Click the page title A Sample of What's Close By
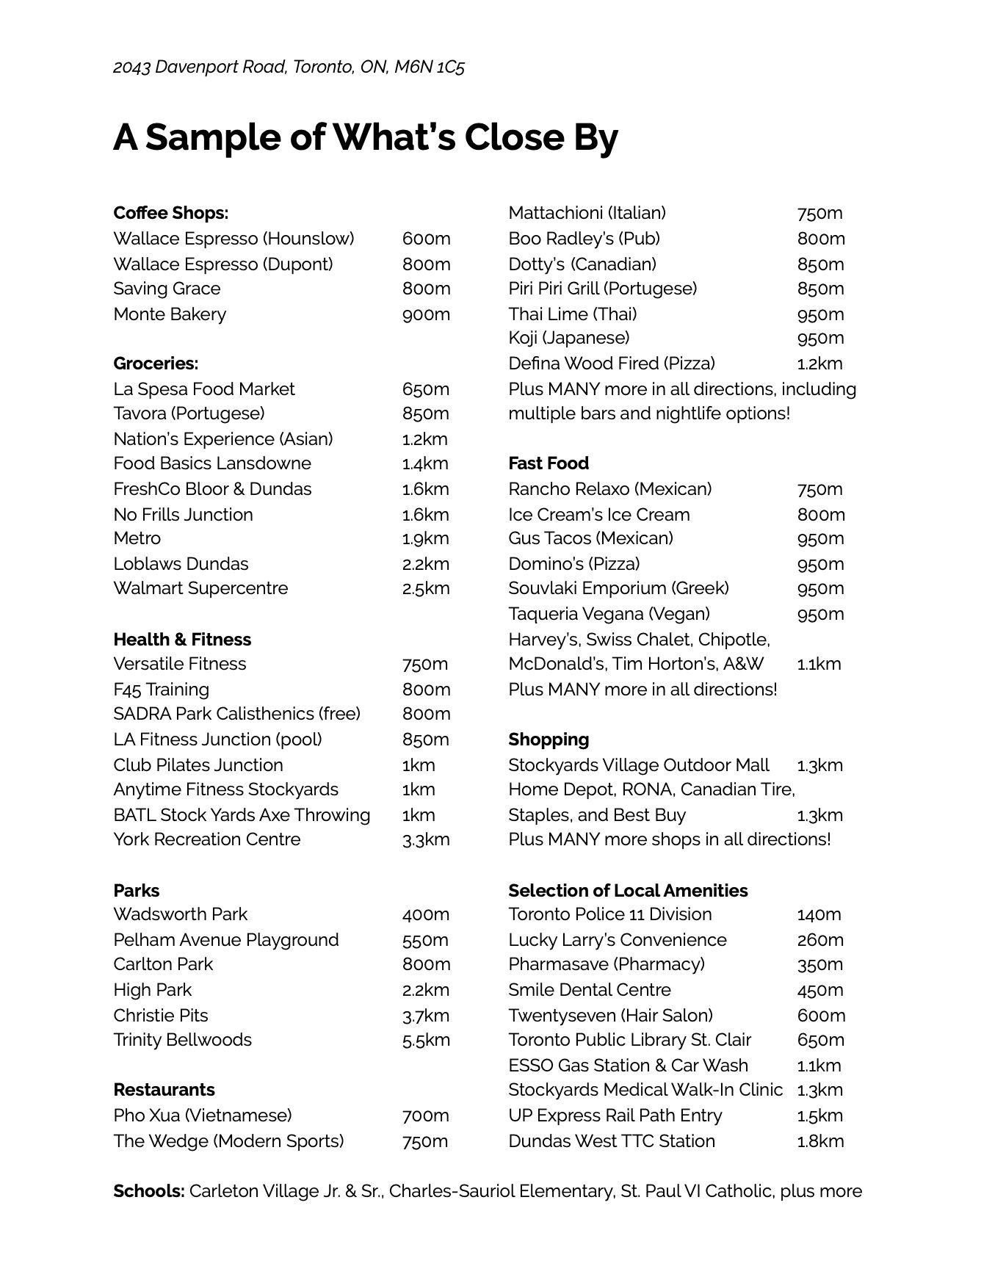[365, 137]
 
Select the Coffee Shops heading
[170, 213]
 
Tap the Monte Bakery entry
[170, 314]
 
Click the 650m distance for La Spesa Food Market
[425, 389]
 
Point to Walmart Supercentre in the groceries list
[200, 588]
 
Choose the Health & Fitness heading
[182, 640]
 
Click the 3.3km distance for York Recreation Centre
[425, 840]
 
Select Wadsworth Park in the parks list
[181, 914]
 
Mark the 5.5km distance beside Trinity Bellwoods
[425, 1040]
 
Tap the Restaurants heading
[164, 1090]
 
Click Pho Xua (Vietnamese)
[202, 1116]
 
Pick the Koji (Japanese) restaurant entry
[568, 338]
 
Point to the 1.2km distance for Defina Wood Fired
[819, 364]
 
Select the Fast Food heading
[548, 463]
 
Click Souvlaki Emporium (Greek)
[618, 588]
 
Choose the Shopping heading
[548, 740]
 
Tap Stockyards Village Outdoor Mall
[638, 765]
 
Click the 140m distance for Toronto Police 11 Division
[819, 914]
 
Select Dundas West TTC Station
[611, 1141]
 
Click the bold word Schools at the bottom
[148, 1191]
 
